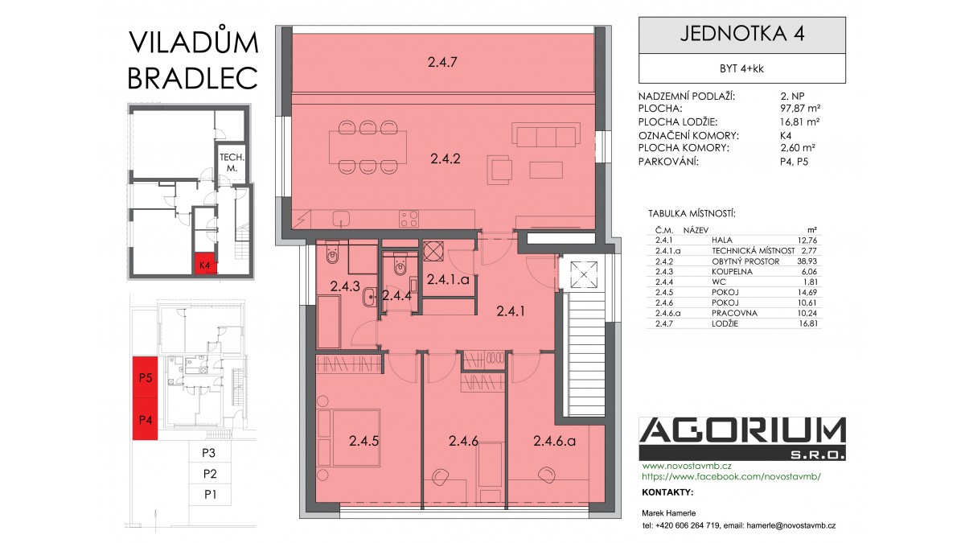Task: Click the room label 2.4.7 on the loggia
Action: click(x=442, y=63)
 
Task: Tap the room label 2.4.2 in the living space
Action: click(x=445, y=159)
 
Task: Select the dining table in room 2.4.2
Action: click(x=368, y=147)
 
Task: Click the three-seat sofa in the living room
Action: click(x=546, y=134)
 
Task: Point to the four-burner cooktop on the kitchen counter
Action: click(x=409, y=219)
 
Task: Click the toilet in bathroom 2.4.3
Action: click(x=333, y=254)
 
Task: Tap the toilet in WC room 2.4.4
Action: click(x=400, y=265)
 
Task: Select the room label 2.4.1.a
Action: click(x=448, y=280)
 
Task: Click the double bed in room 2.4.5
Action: click(x=349, y=438)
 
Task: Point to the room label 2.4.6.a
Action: click(x=554, y=441)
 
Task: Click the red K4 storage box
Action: click(x=205, y=264)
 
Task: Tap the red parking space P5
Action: click(x=146, y=377)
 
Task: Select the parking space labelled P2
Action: click(x=210, y=474)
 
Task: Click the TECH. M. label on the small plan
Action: click(x=232, y=162)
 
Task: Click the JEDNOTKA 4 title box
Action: click(x=741, y=35)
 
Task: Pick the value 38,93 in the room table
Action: click(x=807, y=261)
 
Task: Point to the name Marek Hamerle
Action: click(x=668, y=513)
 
